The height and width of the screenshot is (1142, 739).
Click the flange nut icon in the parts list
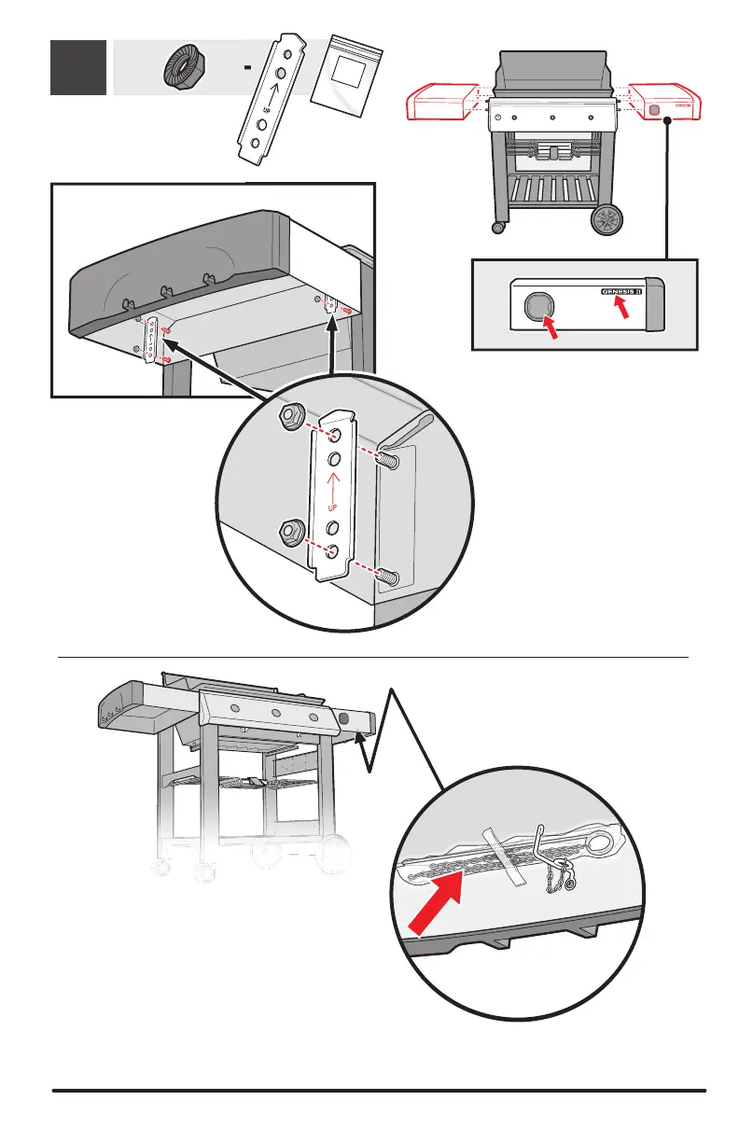point(185,68)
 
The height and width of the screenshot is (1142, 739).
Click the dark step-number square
point(77,67)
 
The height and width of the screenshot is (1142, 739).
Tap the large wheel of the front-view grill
point(607,221)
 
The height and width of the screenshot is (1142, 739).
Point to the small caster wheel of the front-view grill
point(499,227)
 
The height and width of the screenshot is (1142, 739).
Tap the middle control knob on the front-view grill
point(553,118)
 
